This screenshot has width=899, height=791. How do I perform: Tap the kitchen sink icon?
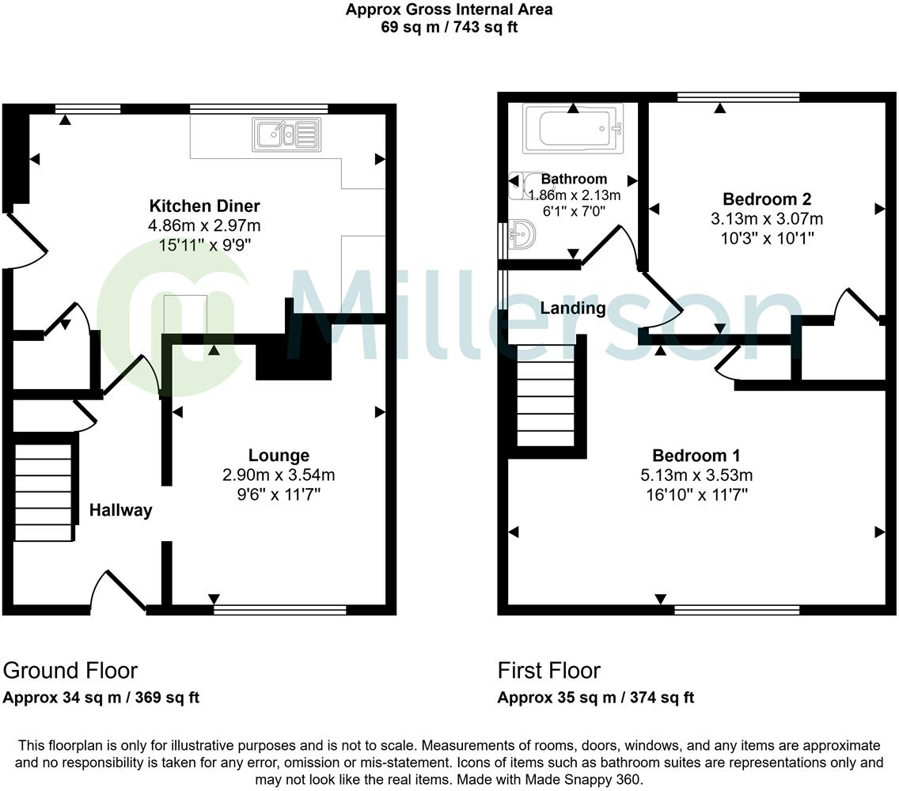pos(286,134)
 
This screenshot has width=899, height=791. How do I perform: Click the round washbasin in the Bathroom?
pos(523,233)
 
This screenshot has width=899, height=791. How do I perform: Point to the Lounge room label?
pos(279,456)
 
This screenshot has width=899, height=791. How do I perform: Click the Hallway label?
pos(120,510)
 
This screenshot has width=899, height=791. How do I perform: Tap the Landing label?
pos(573,308)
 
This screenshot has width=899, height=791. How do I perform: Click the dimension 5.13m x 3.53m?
pos(696,475)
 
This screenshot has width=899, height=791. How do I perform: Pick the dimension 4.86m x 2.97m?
pos(204,226)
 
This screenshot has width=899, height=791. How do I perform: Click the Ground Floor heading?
pos(70,671)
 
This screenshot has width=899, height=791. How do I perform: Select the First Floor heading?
pos(549,671)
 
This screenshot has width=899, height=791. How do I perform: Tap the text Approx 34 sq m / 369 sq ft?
pos(101,698)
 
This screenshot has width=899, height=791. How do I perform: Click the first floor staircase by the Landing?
pos(545,395)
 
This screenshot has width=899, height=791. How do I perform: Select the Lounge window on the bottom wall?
pos(280,610)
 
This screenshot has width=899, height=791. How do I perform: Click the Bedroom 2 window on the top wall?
pos(738,97)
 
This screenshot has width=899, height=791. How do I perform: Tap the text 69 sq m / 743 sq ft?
pos(449,27)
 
